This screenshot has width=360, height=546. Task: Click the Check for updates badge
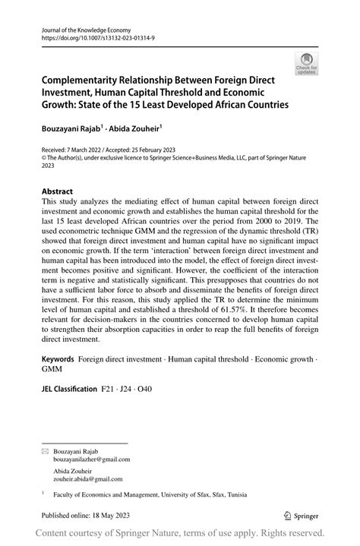(308, 65)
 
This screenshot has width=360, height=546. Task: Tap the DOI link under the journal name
(92, 37)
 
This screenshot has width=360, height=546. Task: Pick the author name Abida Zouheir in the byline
(136, 129)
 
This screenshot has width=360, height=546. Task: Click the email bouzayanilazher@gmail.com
(92, 459)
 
